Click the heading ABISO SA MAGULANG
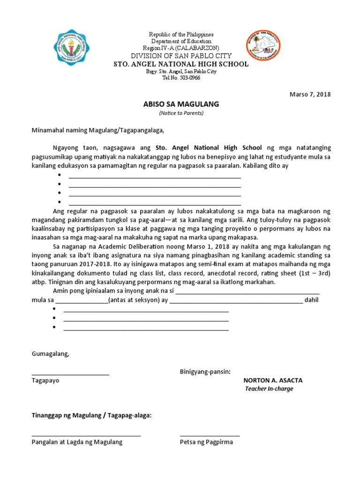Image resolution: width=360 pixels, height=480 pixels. coord(181,104)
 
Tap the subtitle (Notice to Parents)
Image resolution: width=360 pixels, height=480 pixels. coord(181,113)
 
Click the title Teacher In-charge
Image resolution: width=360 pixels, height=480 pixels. coord(269,389)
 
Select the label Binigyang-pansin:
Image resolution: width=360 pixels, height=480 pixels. coord(205,372)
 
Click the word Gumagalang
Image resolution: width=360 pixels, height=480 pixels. coord(50,354)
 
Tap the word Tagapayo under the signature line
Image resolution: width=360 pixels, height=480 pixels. coord(45,381)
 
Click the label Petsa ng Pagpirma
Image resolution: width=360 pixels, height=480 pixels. coord(206,442)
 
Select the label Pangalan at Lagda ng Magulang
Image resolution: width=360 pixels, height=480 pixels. coord(77,442)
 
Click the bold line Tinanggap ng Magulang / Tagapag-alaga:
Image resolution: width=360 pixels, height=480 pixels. coord(91,416)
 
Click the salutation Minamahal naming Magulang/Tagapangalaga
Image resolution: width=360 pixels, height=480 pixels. coord(98,130)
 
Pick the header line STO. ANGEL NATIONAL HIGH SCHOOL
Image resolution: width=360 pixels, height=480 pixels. coord(181,64)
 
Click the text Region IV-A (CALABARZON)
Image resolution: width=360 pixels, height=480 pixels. coord(181,48)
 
